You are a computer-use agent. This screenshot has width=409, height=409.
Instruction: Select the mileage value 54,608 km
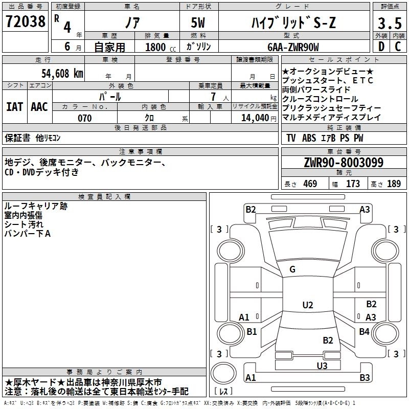57,74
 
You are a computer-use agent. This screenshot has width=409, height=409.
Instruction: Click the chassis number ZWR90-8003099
344,163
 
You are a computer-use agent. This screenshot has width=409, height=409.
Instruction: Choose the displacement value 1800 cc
156,48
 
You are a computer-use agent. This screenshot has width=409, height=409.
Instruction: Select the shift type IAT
14,107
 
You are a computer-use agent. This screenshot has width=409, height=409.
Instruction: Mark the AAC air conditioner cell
39,107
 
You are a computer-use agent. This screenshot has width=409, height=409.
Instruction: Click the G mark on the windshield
292,269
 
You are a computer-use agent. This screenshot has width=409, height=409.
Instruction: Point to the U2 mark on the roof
307,305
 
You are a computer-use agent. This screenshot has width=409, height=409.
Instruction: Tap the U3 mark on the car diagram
322,366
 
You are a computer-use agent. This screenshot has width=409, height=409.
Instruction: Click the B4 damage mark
364,332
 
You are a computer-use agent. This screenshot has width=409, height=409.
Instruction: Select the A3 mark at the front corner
365,209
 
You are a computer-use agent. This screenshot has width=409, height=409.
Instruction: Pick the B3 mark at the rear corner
365,378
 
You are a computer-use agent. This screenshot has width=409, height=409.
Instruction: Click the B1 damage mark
252,332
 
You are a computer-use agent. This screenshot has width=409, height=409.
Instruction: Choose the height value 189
394,184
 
